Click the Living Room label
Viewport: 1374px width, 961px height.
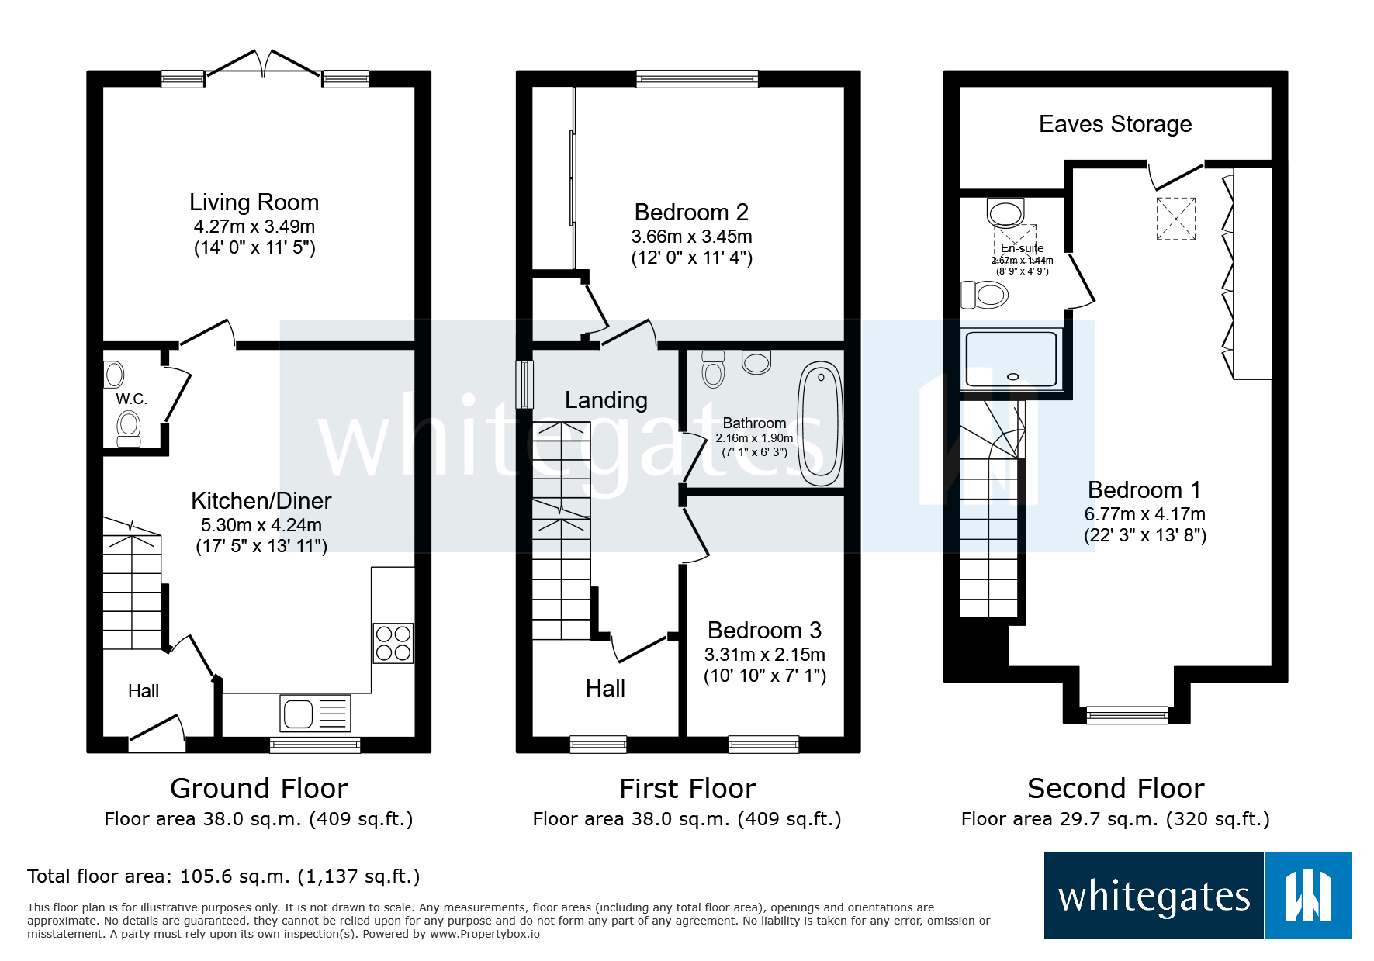[x=254, y=202]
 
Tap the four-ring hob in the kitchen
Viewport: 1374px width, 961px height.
[x=393, y=643]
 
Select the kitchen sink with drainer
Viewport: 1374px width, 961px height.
[x=314, y=714]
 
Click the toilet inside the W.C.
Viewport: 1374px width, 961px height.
[x=129, y=429]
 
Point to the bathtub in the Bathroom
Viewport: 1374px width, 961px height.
[x=820, y=423]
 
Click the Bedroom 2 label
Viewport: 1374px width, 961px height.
[x=691, y=213]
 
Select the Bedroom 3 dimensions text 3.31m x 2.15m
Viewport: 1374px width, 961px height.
[x=764, y=655]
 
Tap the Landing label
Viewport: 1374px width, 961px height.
[x=606, y=400]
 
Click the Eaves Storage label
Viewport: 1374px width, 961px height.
[x=1115, y=124]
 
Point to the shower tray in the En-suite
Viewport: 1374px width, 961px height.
[x=1011, y=359]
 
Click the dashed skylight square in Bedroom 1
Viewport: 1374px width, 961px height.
[x=1175, y=219]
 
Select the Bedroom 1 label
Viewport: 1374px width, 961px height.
[x=1144, y=490]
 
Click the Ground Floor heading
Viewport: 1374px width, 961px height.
[x=258, y=789]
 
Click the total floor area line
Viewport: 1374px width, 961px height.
[x=223, y=876]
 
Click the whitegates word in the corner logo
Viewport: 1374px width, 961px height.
[x=1154, y=897]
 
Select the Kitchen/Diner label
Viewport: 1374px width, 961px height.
[x=261, y=501]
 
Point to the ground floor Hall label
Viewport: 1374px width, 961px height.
[x=144, y=691]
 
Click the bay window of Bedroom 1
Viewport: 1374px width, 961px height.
[x=1127, y=714]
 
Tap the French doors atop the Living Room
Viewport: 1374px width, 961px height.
[x=264, y=66]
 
